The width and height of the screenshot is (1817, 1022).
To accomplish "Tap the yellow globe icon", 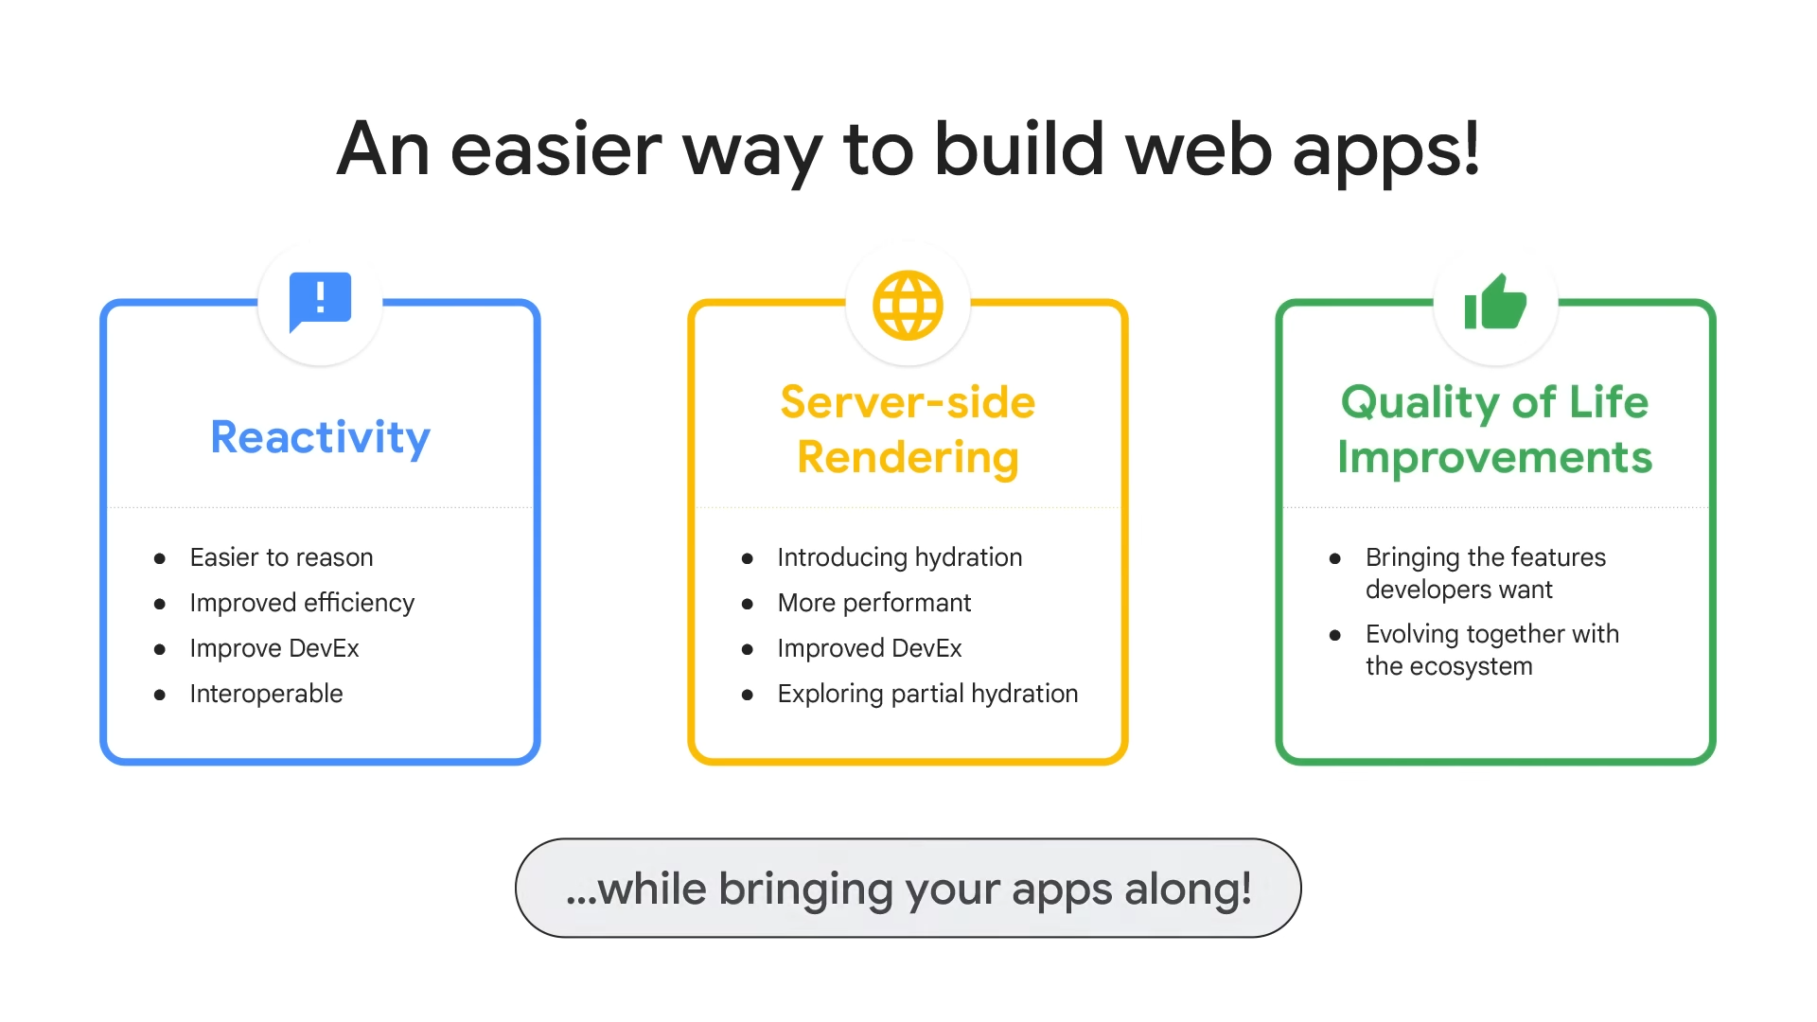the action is pos(908,305).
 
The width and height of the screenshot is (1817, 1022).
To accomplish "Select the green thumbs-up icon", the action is pos(1495,301).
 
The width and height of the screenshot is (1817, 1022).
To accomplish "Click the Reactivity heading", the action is pos(320,437).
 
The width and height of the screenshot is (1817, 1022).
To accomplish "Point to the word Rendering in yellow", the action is pos(908,458).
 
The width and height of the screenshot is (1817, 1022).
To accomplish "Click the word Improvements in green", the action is pos(1495,457).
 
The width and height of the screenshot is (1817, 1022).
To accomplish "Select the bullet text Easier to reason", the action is pos(281,557).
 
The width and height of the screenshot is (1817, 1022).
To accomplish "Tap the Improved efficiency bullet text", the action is pos(302,603).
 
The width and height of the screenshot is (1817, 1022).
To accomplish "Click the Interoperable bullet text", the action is pos(266,694).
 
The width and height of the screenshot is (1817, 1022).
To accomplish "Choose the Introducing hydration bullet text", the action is pos(899,557).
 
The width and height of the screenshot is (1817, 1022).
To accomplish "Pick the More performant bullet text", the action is pos(873,603).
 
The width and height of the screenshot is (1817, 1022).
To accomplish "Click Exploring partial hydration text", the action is pos(927,694).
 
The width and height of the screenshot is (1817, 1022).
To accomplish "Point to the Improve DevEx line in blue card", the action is pos(274,648).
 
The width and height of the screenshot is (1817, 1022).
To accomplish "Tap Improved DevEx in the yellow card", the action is pos(869,648).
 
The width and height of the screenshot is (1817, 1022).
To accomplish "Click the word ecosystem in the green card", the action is pos(1471,666).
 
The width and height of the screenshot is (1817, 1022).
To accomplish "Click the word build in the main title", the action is pos(1019,150).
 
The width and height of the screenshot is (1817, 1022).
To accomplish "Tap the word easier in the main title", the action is pos(556,150).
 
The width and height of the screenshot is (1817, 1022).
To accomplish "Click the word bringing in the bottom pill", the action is pos(805,890).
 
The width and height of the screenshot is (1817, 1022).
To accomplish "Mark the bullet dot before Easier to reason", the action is pos(160,559).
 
